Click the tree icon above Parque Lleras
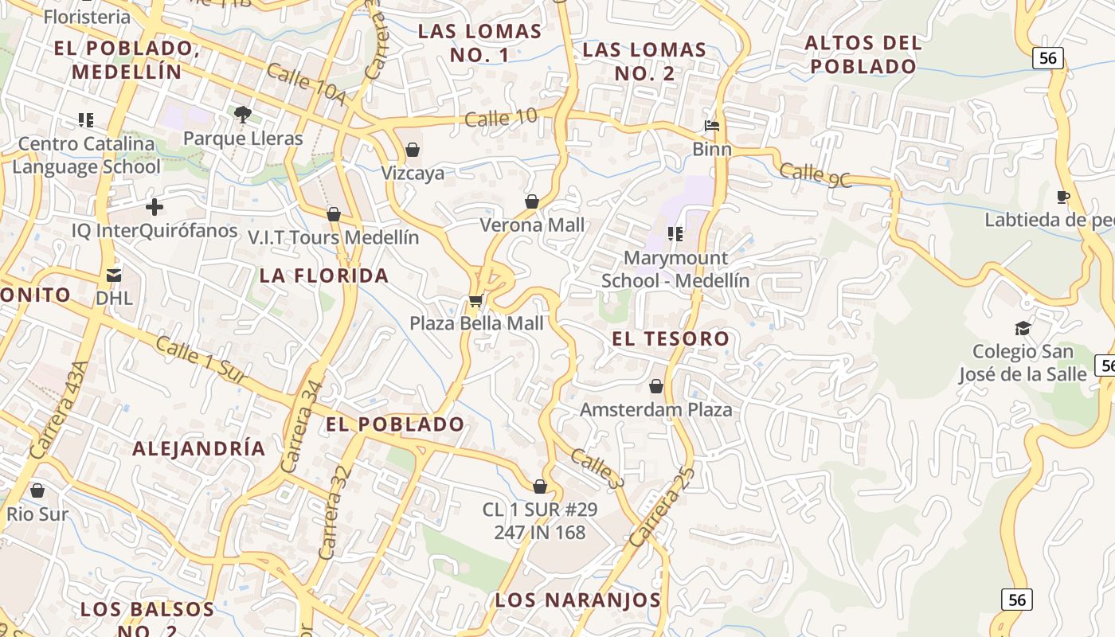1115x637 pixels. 243,115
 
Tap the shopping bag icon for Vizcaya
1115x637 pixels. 413,150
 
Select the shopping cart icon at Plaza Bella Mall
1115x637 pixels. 475,300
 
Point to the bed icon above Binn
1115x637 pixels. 712,126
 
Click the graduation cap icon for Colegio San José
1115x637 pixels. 1023,328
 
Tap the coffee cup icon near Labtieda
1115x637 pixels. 1062,197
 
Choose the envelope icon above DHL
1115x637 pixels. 114,276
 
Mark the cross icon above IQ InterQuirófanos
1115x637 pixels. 155,208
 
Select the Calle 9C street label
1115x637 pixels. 815,175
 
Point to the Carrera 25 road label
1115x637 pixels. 662,506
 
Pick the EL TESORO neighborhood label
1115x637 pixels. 671,338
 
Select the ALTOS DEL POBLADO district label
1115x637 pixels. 863,54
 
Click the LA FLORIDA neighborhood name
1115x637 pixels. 324,276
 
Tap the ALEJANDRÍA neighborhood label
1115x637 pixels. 198,448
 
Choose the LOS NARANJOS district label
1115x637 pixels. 577,600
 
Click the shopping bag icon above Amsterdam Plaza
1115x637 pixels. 656,387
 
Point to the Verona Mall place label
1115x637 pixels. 532,225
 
